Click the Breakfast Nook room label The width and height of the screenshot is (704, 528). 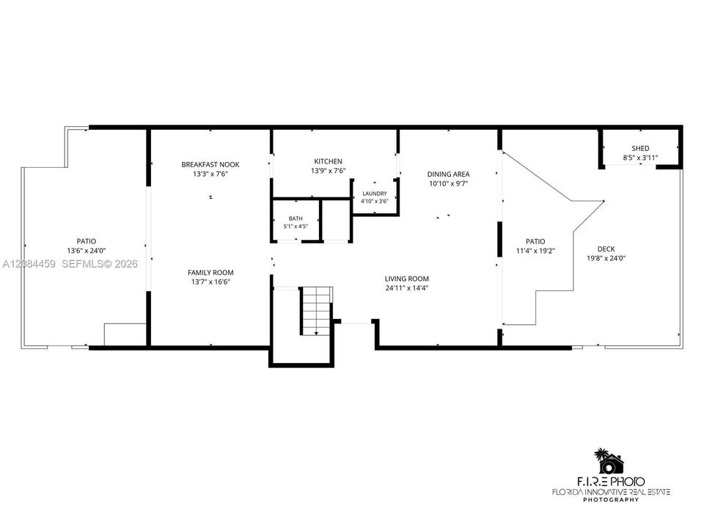(x=210, y=164)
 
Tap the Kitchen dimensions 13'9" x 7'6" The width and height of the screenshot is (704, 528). (x=329, y=171)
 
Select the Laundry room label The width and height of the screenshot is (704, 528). (x=375, y=194)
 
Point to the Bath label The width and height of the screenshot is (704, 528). (x=296, y=219)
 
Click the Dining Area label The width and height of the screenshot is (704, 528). (x=449, y=174)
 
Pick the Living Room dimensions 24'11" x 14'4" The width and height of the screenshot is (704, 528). (x=407, y=288)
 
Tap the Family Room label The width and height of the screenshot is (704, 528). (x=210, y=273)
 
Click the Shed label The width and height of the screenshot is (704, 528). (x=640, y=148)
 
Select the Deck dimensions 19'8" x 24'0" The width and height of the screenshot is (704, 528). (x=606, y=258)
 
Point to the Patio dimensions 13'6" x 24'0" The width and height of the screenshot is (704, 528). (x=87, y=251)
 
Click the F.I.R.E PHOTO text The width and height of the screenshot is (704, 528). (x=610, y=482)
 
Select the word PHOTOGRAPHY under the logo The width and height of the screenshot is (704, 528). (x=611, y=499)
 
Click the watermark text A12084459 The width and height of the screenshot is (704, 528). (x=29, y=264)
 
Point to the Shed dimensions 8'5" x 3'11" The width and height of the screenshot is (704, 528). (x=640, y=158)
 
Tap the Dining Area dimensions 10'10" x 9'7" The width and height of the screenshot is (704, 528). (x=449, y=183)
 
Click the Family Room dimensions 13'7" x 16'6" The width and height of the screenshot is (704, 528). (x=210, y=282)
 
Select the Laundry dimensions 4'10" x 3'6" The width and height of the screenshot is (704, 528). (x=375, y=201)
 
